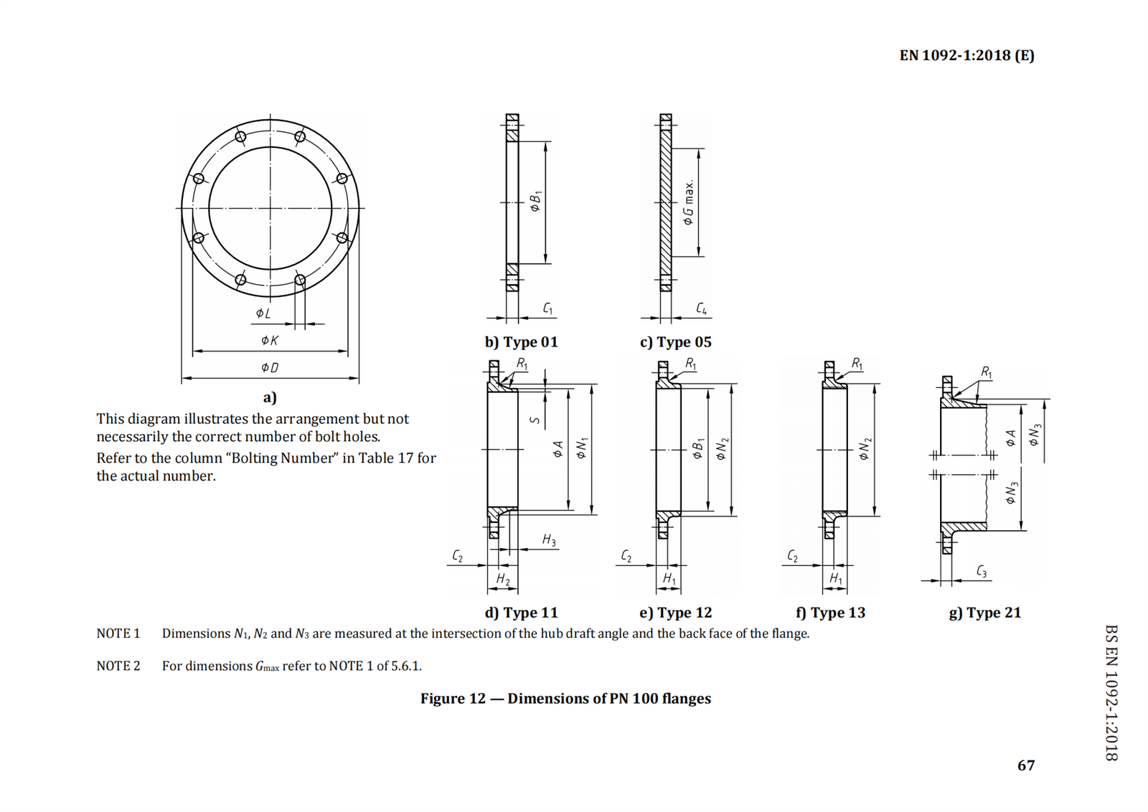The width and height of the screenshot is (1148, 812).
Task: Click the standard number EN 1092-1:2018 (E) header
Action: (966, 55)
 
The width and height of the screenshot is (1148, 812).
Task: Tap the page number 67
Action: (1026, 765)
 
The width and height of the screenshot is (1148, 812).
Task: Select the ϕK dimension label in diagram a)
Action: (270, 340)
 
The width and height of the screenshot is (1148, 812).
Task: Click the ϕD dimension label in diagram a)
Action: (270, 367)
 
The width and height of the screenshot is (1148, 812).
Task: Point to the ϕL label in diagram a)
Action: (263, 313)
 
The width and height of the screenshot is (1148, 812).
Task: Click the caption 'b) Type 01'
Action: (521, 342)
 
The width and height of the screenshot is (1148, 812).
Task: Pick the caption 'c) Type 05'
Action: (675, 342)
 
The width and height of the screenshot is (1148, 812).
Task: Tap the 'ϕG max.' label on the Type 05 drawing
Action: (689, 202)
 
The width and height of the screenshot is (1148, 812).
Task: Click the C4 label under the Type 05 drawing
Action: (702, 308)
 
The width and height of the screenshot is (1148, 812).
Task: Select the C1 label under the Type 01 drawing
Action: (548, 308)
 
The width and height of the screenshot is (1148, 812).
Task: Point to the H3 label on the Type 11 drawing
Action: (549, 540)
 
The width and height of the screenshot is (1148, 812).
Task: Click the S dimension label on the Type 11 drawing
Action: (535, 420)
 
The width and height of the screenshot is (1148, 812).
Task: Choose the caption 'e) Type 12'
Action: (675, 613)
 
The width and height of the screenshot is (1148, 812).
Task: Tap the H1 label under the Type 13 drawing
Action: (836, 578)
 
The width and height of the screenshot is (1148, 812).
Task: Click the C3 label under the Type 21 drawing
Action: (982, 571)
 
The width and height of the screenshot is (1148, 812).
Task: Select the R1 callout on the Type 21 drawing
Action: (987, 372)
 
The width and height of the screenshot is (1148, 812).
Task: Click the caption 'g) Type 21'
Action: (984, 613)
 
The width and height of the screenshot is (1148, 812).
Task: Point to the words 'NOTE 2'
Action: (118, 666)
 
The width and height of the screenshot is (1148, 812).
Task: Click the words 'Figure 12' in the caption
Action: (453, 699)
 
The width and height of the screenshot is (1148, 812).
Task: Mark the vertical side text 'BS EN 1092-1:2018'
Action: (1111, 692)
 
